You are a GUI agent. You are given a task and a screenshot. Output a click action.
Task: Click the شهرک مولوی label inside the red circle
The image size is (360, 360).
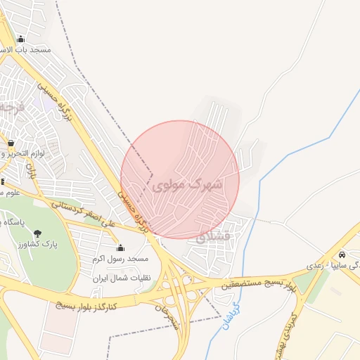[186, 185]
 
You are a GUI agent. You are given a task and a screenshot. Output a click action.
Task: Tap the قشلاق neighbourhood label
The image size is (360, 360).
[210, 236]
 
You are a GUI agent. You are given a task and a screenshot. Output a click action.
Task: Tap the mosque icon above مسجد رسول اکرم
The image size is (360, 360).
[120, 247]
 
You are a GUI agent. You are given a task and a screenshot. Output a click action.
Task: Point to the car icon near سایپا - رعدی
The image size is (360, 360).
[341, 255]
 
